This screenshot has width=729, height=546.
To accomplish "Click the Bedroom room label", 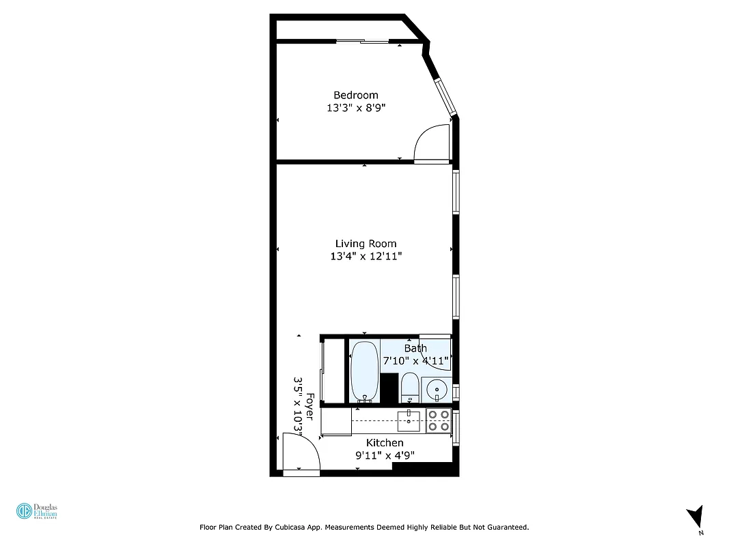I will click(355, 95).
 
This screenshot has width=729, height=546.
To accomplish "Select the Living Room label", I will click(366, 244).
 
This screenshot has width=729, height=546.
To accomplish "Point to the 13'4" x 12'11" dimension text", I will click(366, 257).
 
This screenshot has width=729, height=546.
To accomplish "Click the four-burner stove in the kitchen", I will click(438, 420).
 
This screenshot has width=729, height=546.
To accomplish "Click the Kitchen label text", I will click(385, 443).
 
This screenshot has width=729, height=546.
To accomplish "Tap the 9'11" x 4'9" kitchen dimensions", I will click(385, 456).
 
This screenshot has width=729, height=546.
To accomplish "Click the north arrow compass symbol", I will click(695, 516).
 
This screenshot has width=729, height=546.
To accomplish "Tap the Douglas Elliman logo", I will click(38, 512).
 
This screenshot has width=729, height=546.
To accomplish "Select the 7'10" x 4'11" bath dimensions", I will click(415, 360).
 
